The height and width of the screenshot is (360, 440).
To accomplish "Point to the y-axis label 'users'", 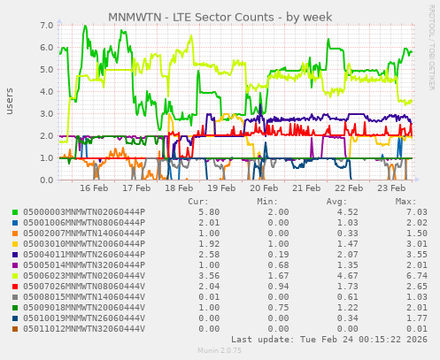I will pyautogui.click(x=10, y=102).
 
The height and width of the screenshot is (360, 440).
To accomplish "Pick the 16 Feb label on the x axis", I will pyautogui.click(x=94, y=189).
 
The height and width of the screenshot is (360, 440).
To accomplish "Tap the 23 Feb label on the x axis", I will pyautogui.click(x=390, y=189).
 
